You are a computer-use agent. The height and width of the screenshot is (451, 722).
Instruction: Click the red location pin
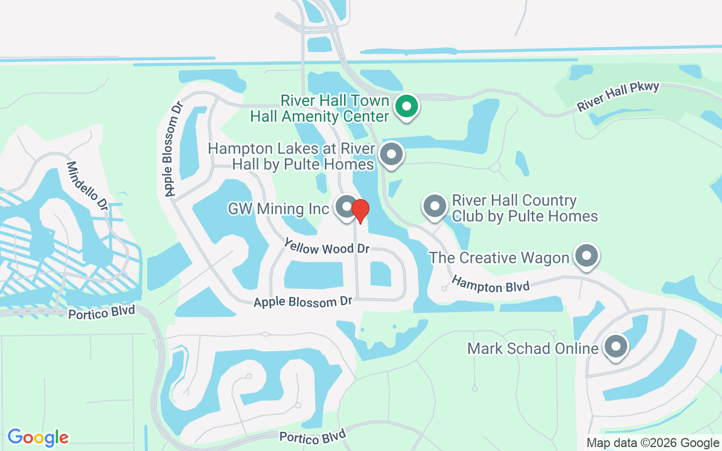(360, 210)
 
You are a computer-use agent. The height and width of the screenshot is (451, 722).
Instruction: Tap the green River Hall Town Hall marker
(406, 107)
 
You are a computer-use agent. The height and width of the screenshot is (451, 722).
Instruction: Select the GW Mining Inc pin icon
(346, 207)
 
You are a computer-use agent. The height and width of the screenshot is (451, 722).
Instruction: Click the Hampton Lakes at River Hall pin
(391, 154)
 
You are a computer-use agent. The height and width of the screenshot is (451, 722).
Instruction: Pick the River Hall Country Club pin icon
(434, 207)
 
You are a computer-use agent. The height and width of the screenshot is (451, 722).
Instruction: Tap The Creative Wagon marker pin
(587, 256)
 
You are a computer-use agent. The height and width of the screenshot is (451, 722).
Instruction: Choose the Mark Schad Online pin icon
(615, 346)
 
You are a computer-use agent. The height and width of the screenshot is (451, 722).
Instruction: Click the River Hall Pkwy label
(617, 97)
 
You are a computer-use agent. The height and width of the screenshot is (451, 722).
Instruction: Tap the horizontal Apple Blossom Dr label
(302, 302)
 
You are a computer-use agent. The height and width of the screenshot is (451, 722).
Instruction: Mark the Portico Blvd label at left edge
(102, 312)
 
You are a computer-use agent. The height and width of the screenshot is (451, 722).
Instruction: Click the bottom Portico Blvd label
(312, 436)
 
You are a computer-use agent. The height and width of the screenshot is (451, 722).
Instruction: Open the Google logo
(38, 437)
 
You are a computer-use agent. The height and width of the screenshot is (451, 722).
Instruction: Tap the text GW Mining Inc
(278, 209)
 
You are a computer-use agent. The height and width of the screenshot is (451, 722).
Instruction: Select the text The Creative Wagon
(499, 258)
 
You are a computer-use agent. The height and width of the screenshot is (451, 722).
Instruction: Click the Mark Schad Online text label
(532, 348)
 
